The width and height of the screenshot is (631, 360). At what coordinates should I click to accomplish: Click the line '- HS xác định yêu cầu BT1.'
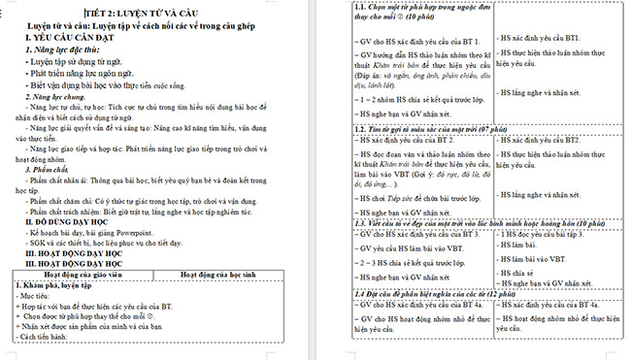539,37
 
